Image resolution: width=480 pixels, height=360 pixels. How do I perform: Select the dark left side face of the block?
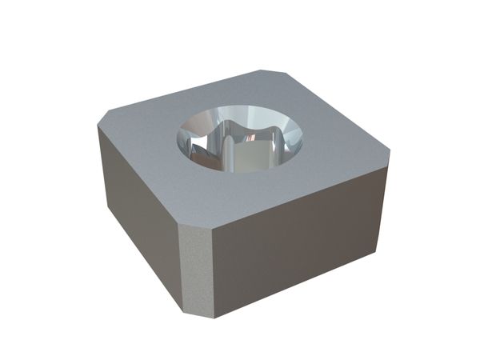coord(136,208)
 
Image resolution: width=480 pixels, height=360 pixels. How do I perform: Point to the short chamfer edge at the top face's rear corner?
coord(272,74)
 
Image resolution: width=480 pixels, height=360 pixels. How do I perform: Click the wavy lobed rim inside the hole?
coord(240,128)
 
